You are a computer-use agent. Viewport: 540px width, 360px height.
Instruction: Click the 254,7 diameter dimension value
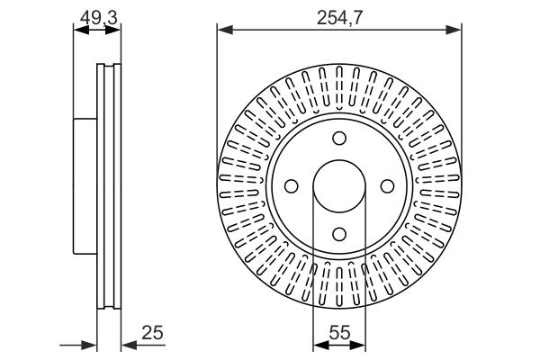tap(339, 18)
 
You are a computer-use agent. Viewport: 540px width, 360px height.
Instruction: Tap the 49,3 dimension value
tap(99, 18)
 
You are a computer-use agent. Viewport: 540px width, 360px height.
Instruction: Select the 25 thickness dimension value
tap(152, 333)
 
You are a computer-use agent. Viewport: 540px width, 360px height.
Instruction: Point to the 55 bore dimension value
tap(339, 333)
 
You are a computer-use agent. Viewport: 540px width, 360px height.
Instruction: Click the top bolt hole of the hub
tap(339, 138)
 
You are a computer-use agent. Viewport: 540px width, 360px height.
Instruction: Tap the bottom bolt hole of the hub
tap(339, 234)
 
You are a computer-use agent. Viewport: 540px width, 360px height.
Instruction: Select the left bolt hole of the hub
tap(292, 186)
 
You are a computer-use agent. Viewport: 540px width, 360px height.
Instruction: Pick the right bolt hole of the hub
tap(387, 186)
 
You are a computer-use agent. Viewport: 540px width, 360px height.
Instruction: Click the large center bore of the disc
tap(339, 186)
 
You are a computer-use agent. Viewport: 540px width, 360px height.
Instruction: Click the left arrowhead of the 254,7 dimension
tap(225, 30)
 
